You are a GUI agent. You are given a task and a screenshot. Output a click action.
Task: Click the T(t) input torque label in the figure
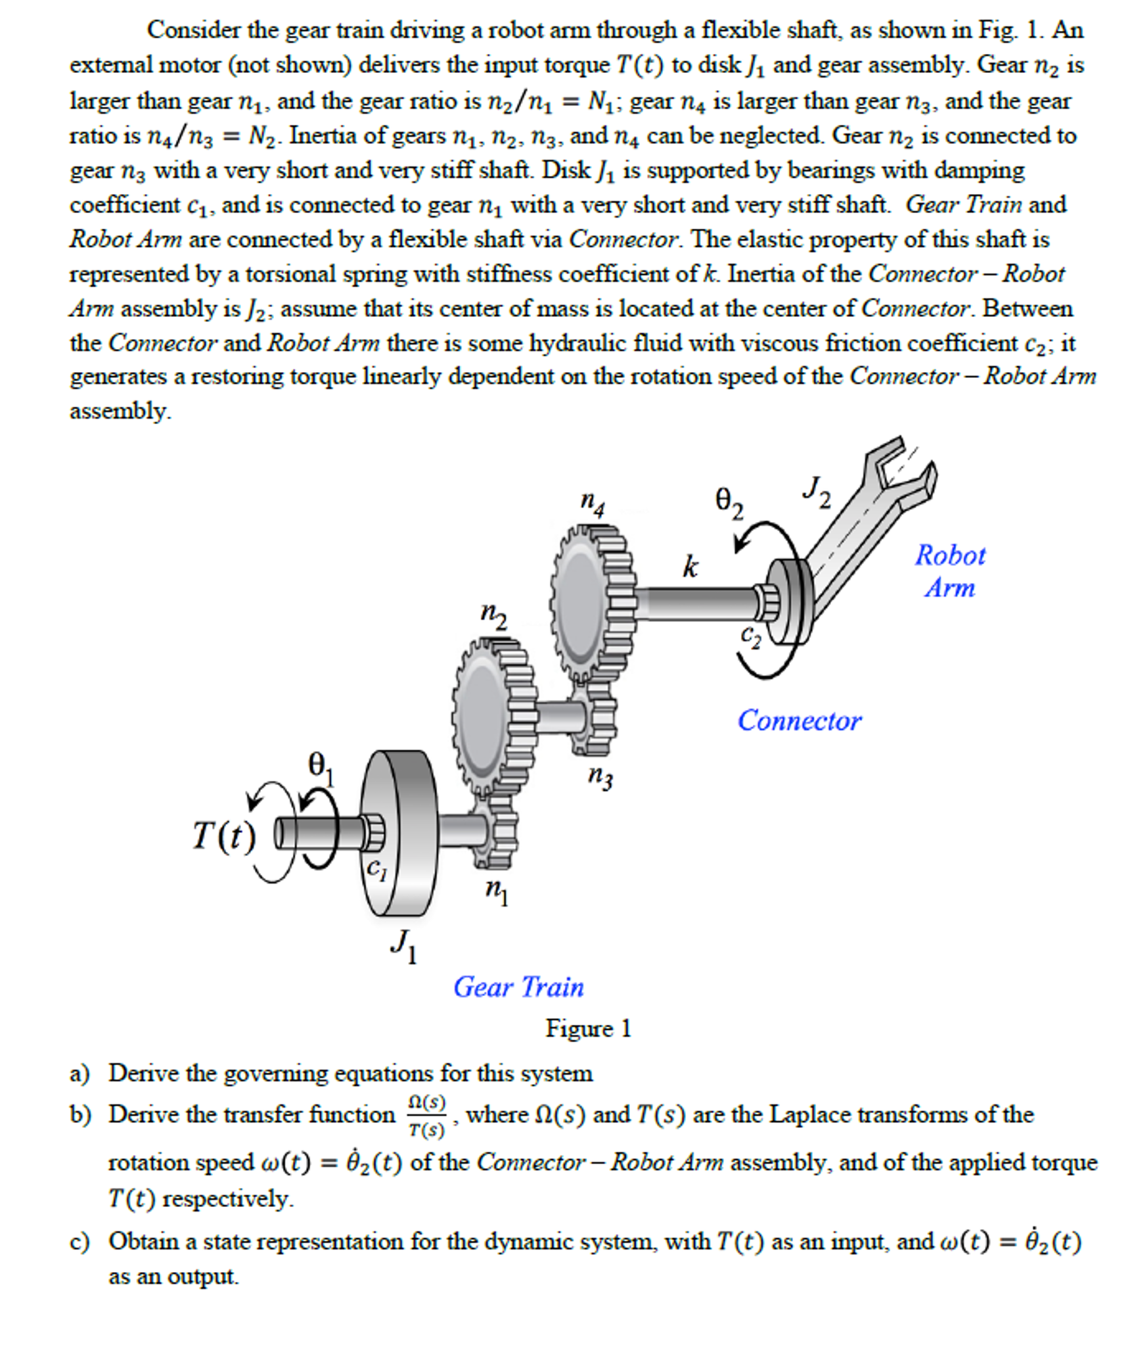223,836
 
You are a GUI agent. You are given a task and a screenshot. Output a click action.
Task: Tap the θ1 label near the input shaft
321,767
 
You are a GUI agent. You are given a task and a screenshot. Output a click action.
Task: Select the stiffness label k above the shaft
690,566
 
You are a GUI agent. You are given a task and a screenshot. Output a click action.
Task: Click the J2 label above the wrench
816,492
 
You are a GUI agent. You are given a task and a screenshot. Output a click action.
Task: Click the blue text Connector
799,721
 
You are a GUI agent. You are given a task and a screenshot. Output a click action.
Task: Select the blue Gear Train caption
518,987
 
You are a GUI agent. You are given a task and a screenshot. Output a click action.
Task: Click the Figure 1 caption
588,1028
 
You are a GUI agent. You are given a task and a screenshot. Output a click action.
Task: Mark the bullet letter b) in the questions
79,1115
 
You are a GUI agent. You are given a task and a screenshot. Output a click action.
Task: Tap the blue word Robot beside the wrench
950,555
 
